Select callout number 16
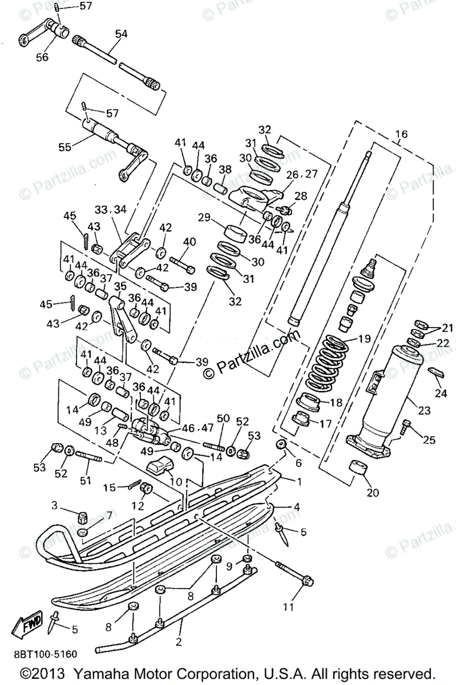pos(401,135)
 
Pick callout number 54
pos(120,34)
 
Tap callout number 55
pos(64,147)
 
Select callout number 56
pos(42,57)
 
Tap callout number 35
pos(120,286)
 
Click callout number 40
pos(189,242)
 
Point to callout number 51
pos(85,481)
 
